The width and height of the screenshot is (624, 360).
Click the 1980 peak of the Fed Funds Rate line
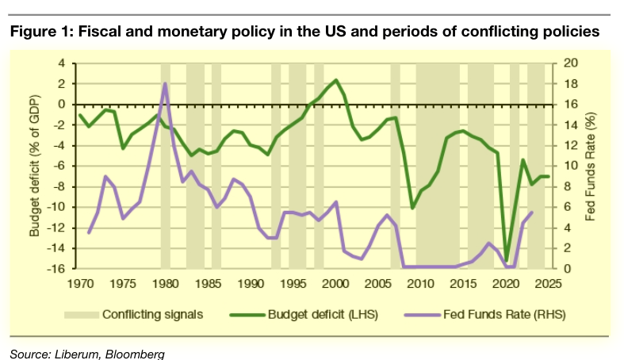point(165,83)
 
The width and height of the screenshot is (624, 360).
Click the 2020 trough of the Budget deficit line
point(506,260)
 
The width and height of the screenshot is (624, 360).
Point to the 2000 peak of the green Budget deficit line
point(336,80)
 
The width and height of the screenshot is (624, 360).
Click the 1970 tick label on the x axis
point(80,282)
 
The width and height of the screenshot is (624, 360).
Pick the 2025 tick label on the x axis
point(549,282)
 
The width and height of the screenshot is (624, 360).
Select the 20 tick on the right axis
point(570,63)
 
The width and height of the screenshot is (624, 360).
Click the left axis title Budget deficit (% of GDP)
point(35,166)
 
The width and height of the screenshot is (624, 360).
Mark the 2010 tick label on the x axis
point(421,282)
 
